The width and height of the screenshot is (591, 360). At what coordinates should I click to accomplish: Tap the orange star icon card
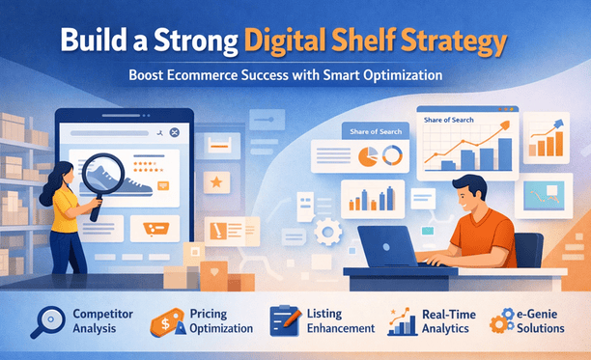[218, 180]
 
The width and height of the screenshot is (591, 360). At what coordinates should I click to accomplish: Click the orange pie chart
[368, 155]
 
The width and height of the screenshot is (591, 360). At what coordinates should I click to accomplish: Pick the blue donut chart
[392, 154]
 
